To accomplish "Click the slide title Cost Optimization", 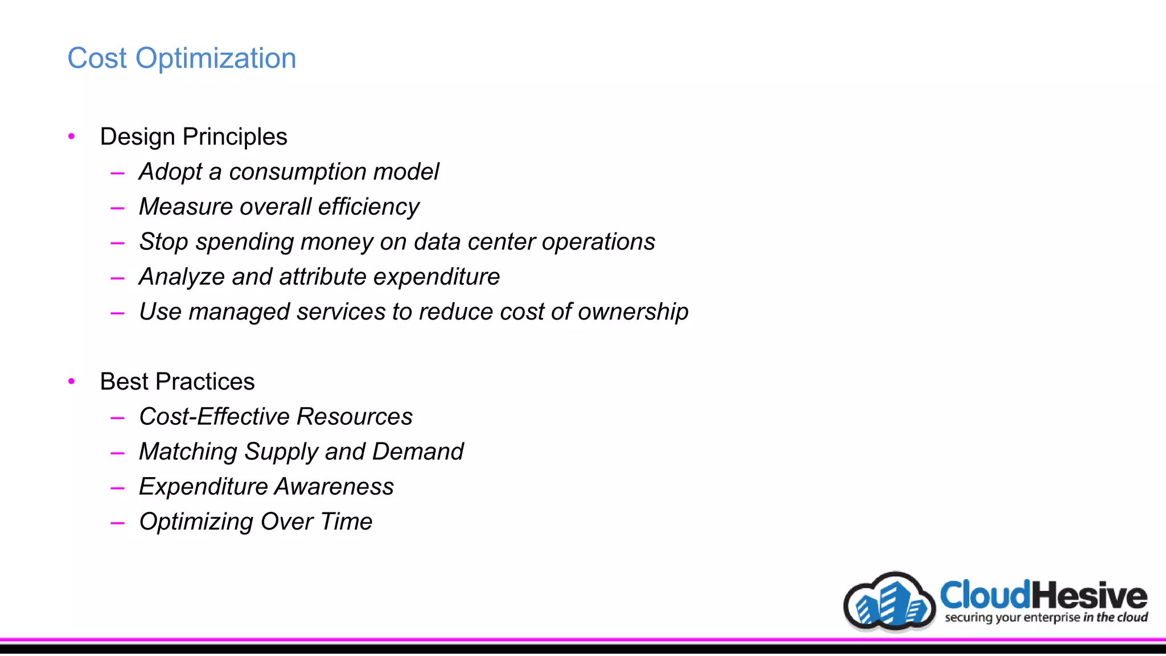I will [x=182, y=58].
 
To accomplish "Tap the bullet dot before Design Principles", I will [x=72, y=136].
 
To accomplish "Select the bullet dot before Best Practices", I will [x=72, y=381].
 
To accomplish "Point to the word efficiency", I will [x=368, y=207].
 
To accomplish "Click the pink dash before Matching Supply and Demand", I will [x=118, y=453].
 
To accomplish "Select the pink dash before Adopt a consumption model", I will [x=118, y=173].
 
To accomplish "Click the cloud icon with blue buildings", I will [x=889, y=602].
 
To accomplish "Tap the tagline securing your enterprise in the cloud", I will [x=1046, y=617].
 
